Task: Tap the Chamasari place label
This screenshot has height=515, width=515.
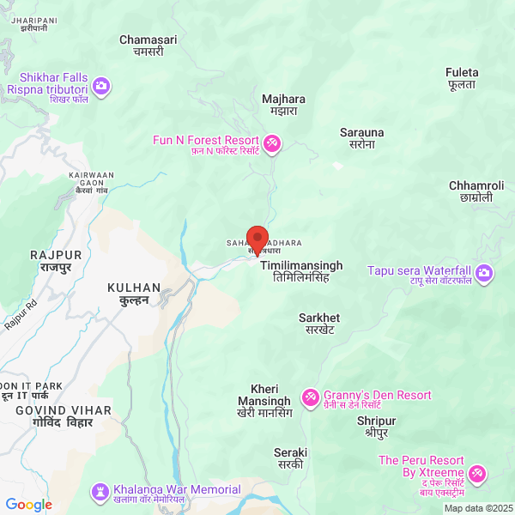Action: pos(148,45)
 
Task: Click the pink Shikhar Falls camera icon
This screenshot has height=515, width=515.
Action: pos(102,85)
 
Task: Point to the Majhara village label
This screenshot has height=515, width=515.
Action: pos(283,105)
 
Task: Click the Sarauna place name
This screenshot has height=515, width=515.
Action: pos(362,138)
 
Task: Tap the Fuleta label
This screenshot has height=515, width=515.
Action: pos(463,78)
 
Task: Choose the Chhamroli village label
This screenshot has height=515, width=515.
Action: pos(476,191)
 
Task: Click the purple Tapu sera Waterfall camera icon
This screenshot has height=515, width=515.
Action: pos(485,273)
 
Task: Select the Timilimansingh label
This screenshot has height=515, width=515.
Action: pos(294,272)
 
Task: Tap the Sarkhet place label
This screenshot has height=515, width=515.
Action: pos(319,324)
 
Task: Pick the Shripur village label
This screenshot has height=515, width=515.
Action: pos(376,427)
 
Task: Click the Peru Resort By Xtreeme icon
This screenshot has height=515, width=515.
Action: pos(476,474)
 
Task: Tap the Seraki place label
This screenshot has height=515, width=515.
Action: pos(289,457)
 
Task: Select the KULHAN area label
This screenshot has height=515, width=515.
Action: pos(134,294)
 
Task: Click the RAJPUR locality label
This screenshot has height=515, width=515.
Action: pos(56,262)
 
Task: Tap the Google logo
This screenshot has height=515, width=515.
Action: pos(28,505)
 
